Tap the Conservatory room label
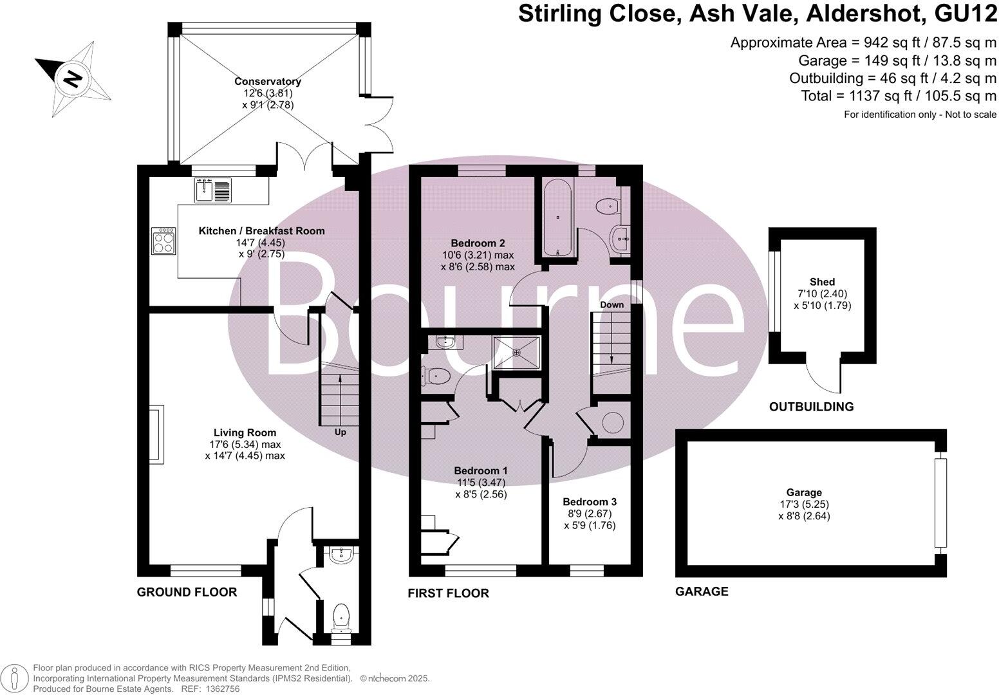click(268, 82)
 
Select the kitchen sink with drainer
click(212, 190)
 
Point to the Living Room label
click(245, 433)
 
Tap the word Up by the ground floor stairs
click(340, 432)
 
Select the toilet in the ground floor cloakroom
click(340, 618)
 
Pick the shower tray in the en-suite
click(516, 352)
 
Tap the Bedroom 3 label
click(590, 502)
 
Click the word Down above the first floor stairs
click(612, 304)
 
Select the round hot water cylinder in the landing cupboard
click(612, 423)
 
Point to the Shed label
click(822, 282)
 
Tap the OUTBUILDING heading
click(811, 407)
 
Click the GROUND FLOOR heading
click(187, 592)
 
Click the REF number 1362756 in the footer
click(221, 689)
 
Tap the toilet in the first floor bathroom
click(607, 207)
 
